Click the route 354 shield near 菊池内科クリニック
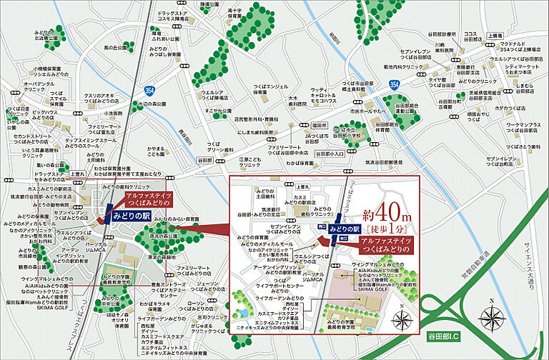[395, 84]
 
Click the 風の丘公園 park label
[115, 48]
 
